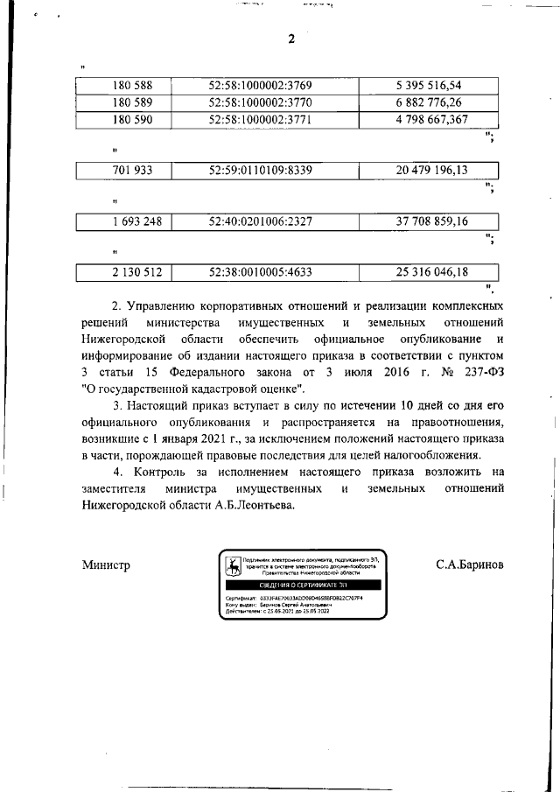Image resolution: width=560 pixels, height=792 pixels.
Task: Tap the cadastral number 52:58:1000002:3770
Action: click(261, 102)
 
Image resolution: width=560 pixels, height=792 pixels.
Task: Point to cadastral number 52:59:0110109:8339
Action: click(261, 170)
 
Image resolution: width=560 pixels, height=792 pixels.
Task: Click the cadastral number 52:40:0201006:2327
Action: click(261, 221)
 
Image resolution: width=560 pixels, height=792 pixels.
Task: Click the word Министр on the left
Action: click(106, 566)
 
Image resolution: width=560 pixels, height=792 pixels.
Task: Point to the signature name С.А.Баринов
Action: click(470, 566)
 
